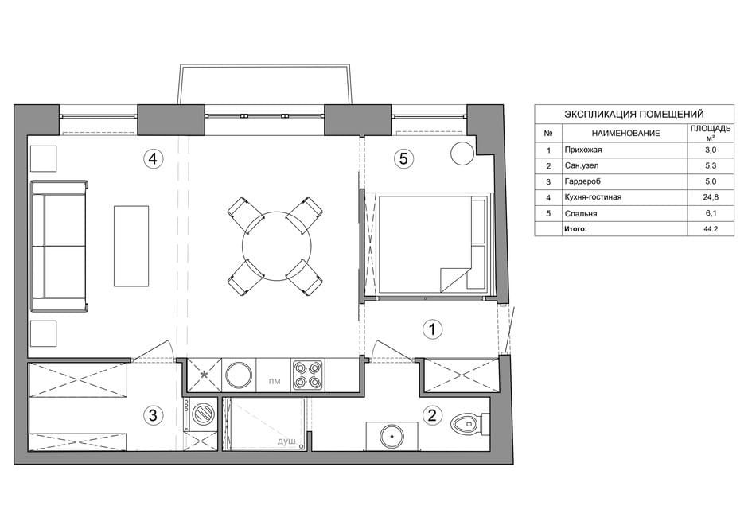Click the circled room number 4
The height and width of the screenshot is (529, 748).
pos(153,158)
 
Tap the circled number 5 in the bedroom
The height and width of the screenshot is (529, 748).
pos(403,158)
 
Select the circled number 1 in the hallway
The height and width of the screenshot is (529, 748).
pos(432,329)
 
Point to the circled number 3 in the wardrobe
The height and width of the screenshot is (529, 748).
pos(153,415)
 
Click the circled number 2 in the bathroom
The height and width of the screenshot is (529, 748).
pos(432,414)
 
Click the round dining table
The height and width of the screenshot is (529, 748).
pos(277,246)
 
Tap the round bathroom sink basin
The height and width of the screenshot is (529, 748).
pos(392,436)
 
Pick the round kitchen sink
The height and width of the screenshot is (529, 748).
pos(239,375)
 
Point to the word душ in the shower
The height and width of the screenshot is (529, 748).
pos(286,441)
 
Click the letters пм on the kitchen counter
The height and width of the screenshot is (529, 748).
pos(275,381)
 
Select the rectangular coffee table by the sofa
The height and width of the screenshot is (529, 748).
pos(131,246)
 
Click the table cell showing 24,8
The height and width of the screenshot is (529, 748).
pos(711,197)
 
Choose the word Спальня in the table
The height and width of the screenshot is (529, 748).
pos(581,213)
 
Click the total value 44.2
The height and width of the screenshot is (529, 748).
pos(711,229)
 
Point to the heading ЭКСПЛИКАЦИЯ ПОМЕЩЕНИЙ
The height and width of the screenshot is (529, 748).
pos(634,114)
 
